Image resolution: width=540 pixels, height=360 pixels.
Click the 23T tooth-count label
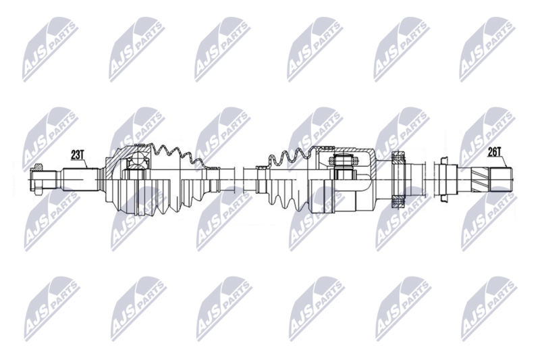tap(78, 155)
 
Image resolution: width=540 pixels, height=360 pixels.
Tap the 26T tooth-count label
tap(495, 151)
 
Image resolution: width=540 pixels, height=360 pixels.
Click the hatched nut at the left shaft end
tap(37, 168)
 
